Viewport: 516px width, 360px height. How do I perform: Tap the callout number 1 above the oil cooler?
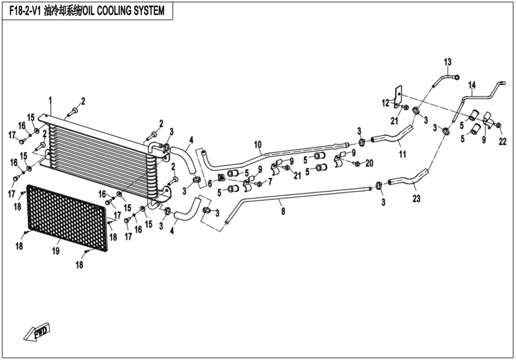click(x=50, y=98)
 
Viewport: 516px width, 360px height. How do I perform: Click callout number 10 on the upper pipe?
click(x=258, y=145)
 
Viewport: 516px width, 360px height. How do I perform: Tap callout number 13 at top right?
click(x=447, y=62)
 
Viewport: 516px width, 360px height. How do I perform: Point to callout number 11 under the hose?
click(x=403, y=154)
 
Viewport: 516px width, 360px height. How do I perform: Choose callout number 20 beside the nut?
click(x=370, y=163)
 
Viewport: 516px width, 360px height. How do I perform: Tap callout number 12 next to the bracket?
click(x=386, y=104)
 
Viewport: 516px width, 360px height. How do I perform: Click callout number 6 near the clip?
click(x=210, y=183)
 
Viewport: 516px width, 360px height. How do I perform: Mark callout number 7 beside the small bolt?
click(x=270, y=181)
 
